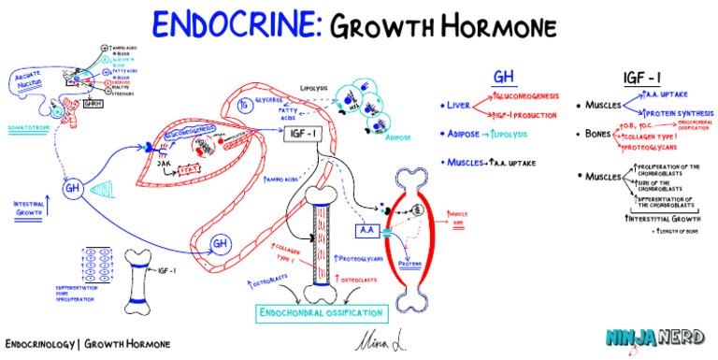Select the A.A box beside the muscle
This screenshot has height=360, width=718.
(367, 230)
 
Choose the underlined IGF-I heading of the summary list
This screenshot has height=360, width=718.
(643, 76)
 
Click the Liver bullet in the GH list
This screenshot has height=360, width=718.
(455, 106)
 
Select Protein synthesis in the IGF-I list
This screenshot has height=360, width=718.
(669, 113)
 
